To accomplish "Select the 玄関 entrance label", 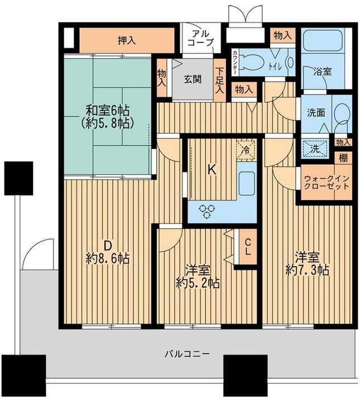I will click(193, 79).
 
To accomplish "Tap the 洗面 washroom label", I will click(313, 112).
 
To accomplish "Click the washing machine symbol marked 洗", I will click(313, 149).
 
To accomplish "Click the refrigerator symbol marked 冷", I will click(246, 149).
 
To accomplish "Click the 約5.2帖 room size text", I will click(196, 283).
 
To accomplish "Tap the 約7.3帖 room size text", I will click(307, 270).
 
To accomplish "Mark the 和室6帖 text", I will click(108, 110).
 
